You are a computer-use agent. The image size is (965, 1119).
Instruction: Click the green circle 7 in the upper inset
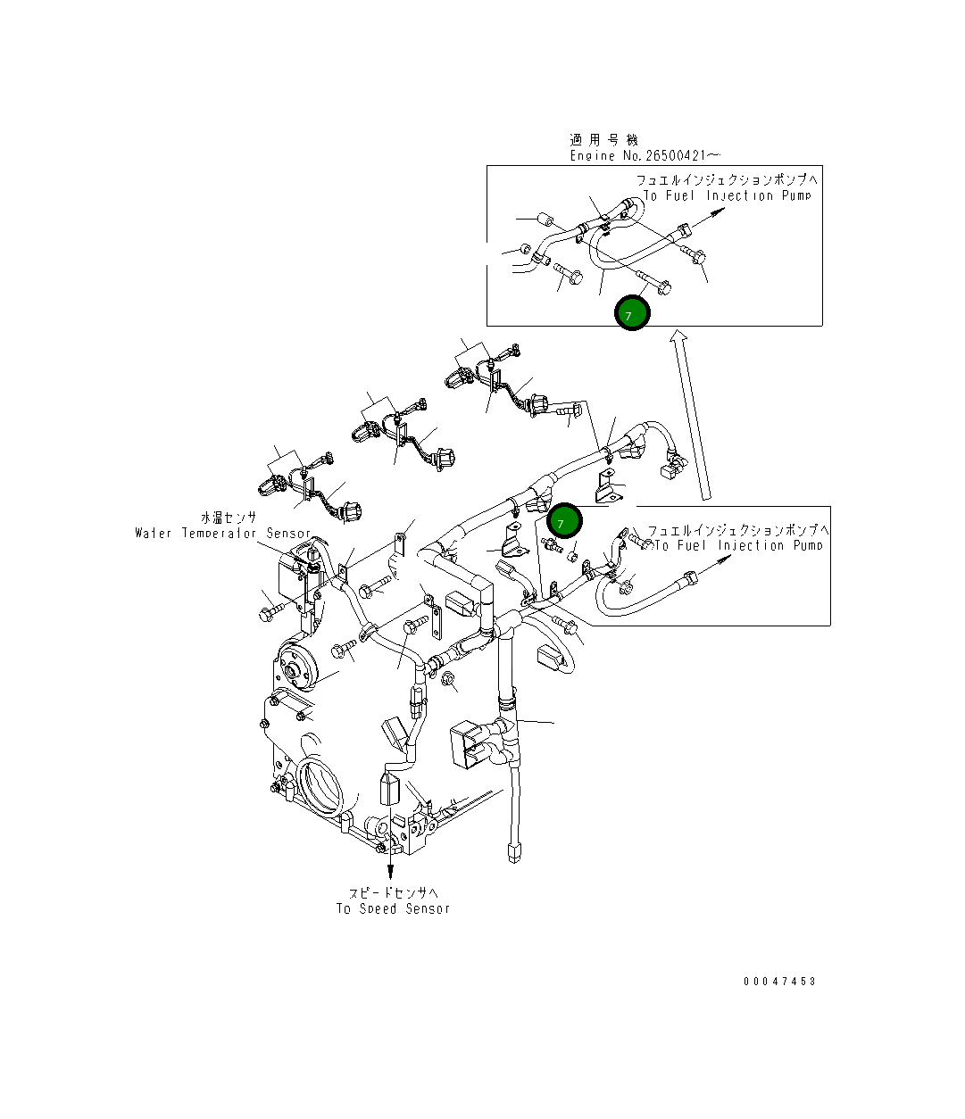click(x=632, y=312)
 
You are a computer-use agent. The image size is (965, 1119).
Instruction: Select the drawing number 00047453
click(x=779, y=982)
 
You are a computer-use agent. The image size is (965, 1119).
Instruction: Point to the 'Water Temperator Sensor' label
click(x=223, y=534)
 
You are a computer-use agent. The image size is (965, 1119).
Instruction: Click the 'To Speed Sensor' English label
click(x=393, y=908)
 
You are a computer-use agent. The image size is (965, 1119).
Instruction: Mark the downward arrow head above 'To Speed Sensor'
click(x=390, y=872)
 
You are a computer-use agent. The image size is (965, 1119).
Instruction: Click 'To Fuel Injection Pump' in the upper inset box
click(x=727, y=195)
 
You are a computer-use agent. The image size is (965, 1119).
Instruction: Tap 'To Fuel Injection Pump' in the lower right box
click(x=737, y=545)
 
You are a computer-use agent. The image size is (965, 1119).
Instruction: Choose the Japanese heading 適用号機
click(x=604, y=140)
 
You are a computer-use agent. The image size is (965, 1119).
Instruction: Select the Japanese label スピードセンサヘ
click(x=394, y=892)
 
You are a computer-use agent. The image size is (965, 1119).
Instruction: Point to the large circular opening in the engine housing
click(x=320, y=785)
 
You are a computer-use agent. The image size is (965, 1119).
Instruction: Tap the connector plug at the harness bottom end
click(x=512, y=852)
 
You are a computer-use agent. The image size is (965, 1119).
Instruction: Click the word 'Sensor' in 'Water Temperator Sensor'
click(x=288, y=534)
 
